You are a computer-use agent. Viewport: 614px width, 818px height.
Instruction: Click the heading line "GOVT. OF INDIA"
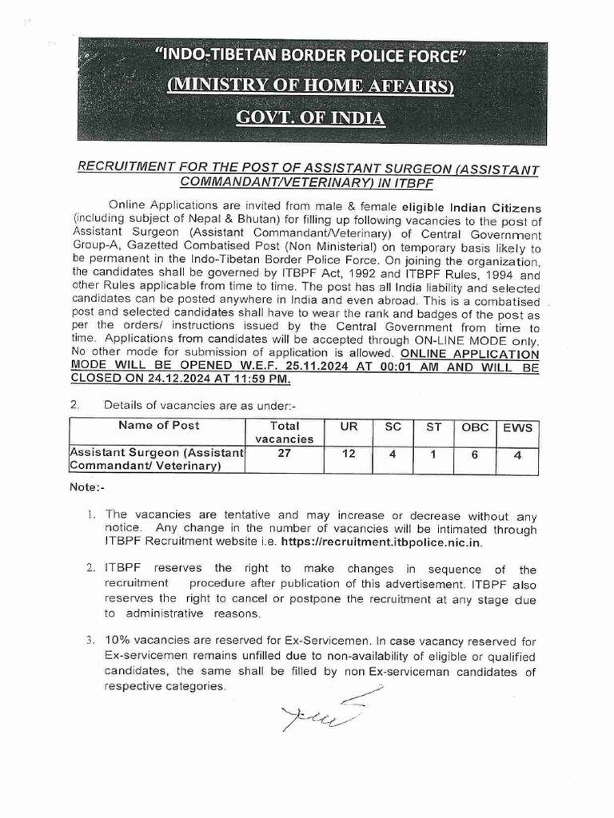310,118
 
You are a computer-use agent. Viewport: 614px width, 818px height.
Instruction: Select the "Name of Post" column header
158,426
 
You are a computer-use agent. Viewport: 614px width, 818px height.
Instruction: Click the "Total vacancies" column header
284,432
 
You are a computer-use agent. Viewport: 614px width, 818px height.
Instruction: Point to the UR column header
349,427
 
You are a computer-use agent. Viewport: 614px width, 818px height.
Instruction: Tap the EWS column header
517,427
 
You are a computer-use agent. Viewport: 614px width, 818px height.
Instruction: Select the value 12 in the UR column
349,455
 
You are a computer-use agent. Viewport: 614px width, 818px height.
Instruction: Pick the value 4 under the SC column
392,455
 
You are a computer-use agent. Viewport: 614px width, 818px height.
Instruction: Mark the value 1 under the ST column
433,455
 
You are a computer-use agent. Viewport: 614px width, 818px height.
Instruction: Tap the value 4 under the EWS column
517,455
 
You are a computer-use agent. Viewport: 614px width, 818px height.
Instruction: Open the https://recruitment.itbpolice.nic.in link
404,542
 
